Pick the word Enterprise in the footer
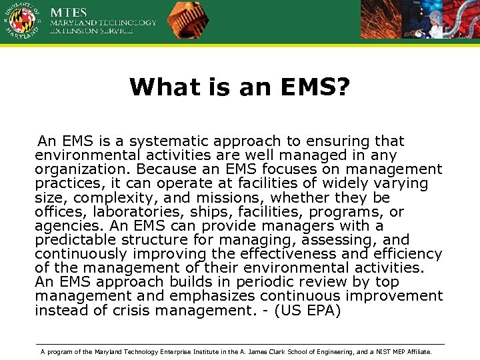[177, 351]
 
